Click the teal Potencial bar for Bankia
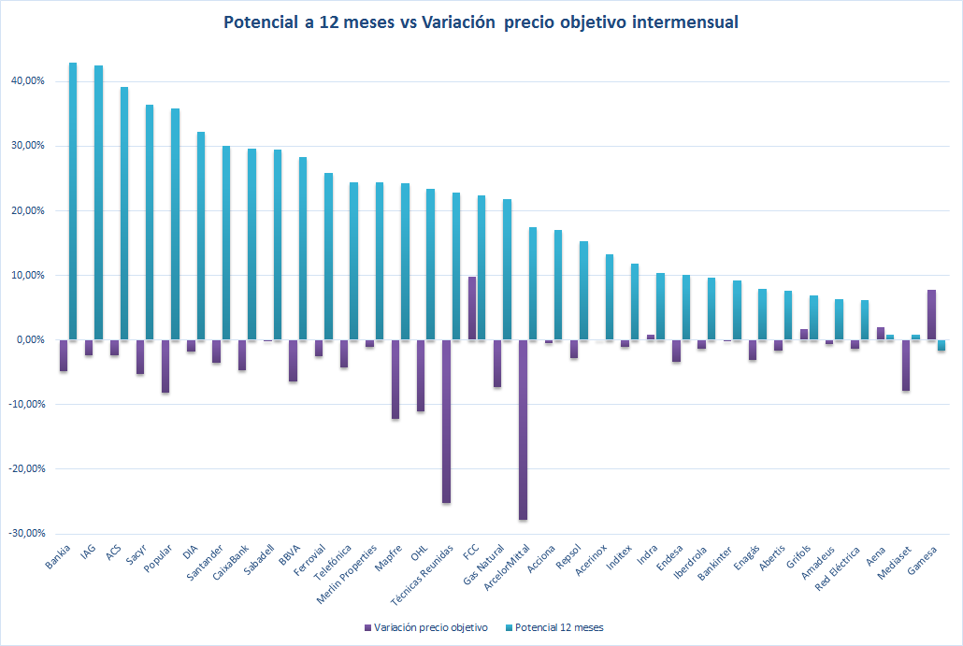(x=73, y=201)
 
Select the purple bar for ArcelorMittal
(x=523, y=429)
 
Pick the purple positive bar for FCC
(x=472, y=309)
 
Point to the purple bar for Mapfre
(x=395, y=379)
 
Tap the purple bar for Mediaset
(x=906, y=365)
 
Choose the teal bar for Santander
(x=225, y=243)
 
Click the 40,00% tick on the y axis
(x=28, y=81)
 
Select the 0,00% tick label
(x=31, y=339)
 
